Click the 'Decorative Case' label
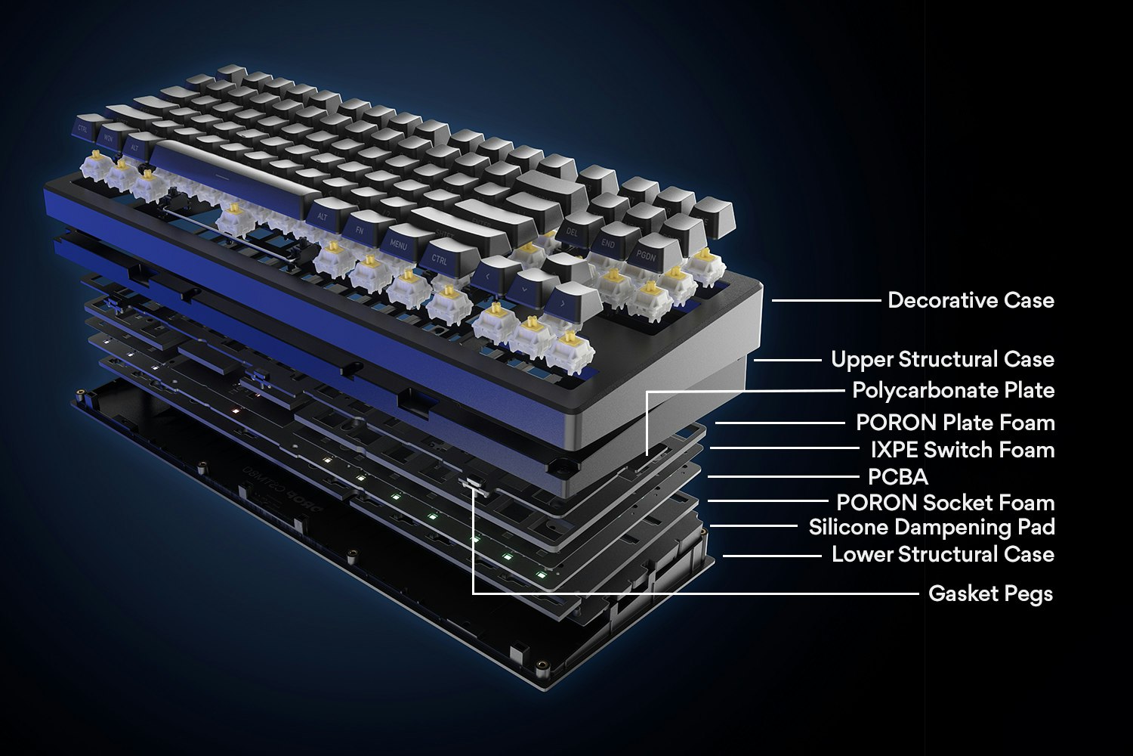click(971, 300)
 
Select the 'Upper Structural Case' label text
click(942, 359)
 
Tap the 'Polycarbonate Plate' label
click(953, 390)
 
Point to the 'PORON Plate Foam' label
click(955, 422)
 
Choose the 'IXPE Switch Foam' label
click(962, 450)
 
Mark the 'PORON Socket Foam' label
click(945, 503)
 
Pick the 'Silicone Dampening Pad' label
click(931, 527)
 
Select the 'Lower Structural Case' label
click(943, 554)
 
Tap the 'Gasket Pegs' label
click(990, 593)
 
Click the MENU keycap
click(399, 244)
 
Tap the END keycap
click(609, 243)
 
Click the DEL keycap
click(572, 231)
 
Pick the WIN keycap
click(109, 138)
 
